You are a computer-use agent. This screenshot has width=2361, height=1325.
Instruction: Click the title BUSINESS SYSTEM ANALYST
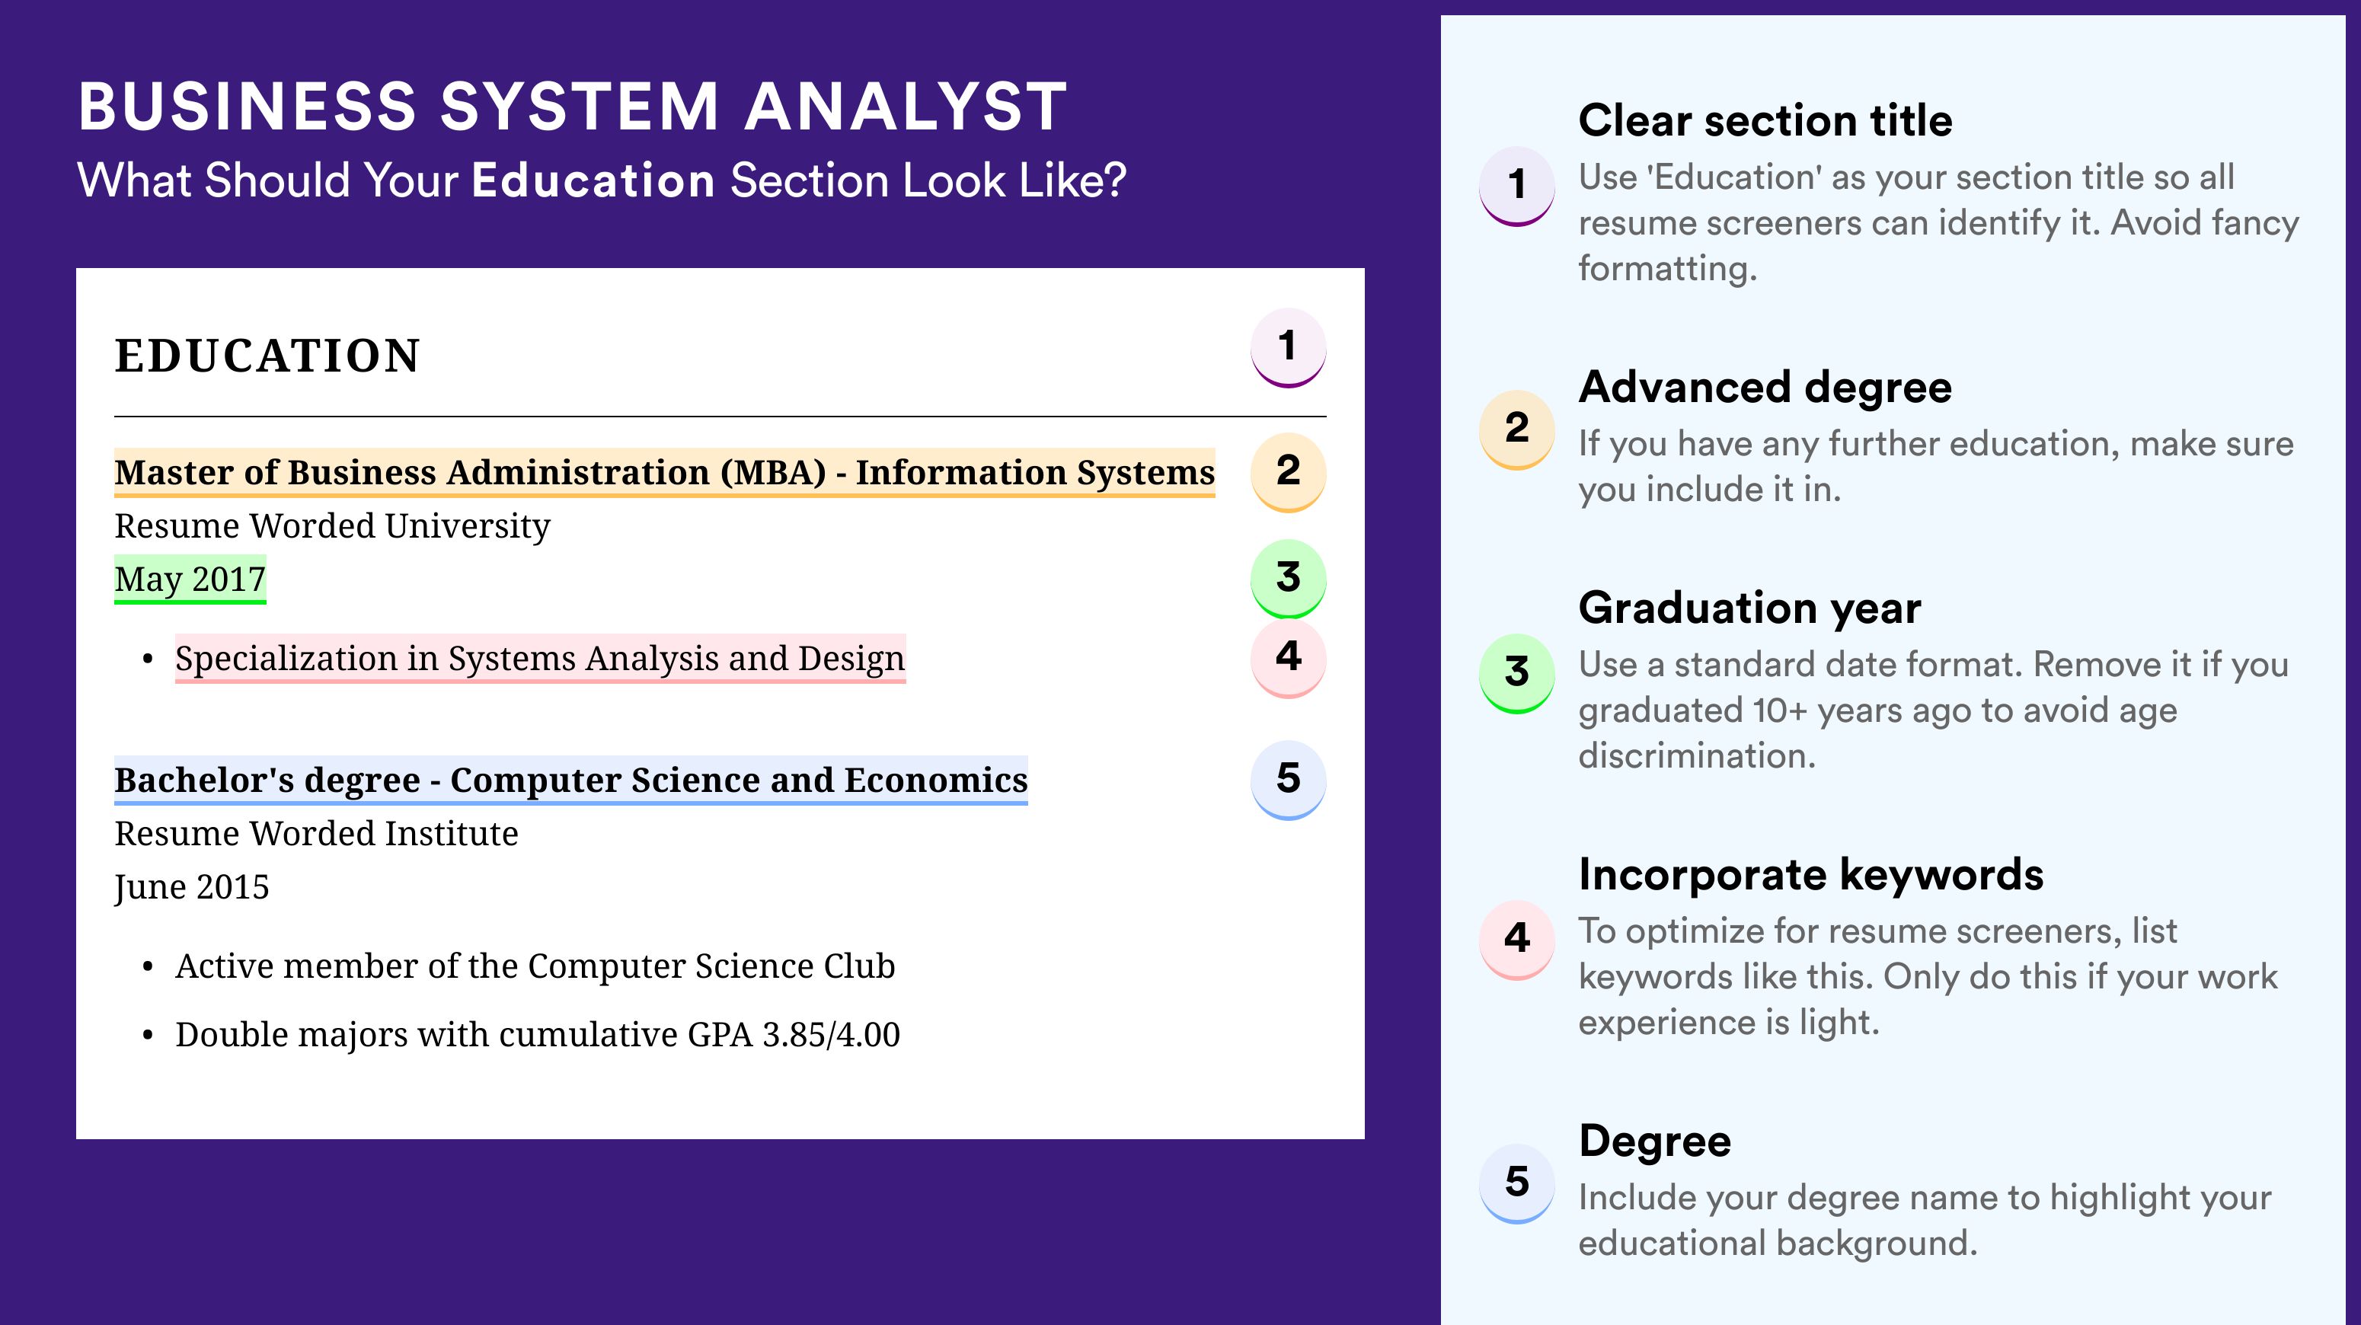point(573,107)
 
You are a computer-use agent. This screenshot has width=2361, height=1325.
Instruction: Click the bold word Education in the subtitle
point(593,180)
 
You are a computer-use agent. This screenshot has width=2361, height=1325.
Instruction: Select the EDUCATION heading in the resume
point(267,356)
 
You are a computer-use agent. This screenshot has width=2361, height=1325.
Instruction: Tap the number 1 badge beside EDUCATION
point(1288,347)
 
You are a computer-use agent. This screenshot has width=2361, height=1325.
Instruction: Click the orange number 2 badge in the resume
point(1288,472)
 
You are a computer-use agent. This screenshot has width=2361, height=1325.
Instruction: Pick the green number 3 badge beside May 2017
point(1288,578)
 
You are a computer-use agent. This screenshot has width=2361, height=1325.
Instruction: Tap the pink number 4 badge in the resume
point(1288,658)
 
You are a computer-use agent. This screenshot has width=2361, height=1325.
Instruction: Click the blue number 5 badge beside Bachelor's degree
point(1288,780)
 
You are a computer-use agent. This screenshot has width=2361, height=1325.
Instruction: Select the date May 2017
point(190,579)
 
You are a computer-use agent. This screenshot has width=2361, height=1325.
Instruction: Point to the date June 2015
point(192,887)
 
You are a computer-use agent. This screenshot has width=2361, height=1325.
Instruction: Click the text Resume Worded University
point(333,526)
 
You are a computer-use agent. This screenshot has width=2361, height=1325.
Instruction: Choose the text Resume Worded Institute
point(316,834)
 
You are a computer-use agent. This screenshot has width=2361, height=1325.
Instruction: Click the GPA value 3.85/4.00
point(831,1035)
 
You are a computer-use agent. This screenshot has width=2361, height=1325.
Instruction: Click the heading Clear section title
point(1765,120)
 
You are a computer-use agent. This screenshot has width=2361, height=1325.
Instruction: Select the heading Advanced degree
point(1765,388)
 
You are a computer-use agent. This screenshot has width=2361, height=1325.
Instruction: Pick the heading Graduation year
point(1749,608)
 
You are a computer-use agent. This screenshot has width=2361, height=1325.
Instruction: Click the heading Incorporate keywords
point(1811,875)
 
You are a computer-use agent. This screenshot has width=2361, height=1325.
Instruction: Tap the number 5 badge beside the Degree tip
point(1517,1183)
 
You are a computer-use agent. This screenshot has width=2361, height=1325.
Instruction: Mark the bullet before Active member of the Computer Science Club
point(148,968)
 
